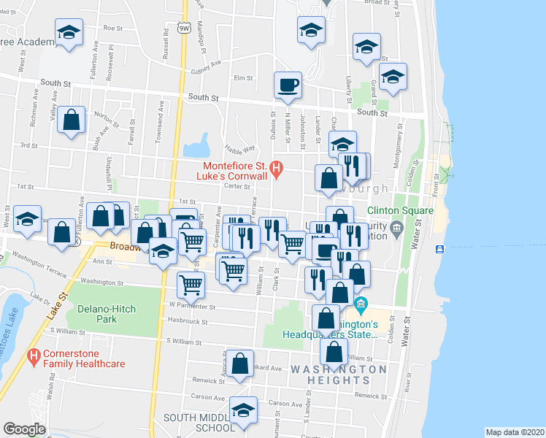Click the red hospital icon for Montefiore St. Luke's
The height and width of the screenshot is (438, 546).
click(276, 170)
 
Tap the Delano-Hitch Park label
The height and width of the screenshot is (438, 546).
click(107, 314)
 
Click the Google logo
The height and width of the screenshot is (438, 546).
click(24, 429)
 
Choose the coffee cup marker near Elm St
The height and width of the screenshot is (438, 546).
click(288, 85)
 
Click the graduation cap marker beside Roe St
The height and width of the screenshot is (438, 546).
click(69, 33)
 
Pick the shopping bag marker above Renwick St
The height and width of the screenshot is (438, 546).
click(239, 364)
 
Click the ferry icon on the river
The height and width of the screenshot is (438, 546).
click(439, 250)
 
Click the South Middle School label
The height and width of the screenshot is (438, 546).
click(189, 423)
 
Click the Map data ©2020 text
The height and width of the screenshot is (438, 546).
click(515, 432)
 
